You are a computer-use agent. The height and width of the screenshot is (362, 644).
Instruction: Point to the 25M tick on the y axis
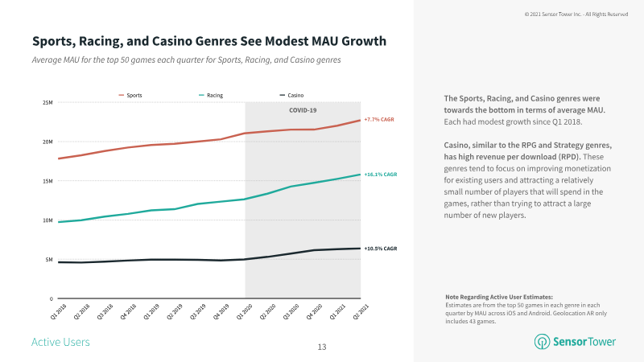[48, 102]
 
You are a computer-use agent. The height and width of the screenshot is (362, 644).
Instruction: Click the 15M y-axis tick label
[48, 181]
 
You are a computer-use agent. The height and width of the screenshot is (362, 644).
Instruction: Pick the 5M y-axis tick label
[50, 259]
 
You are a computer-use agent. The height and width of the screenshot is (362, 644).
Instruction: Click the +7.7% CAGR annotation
[378, 120]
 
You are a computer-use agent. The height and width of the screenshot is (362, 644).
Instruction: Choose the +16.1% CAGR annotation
[380, 174]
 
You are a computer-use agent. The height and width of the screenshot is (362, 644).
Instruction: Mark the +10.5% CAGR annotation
[380, 249]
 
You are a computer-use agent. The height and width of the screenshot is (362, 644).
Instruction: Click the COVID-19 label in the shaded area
[303, 110]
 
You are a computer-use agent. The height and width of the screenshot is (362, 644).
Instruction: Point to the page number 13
[322, 347]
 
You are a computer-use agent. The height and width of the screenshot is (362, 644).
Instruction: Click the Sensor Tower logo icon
[543, 342]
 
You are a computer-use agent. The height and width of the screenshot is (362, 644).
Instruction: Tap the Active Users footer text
[60, 343]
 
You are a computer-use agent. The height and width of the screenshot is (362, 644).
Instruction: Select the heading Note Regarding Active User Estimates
[500, 297]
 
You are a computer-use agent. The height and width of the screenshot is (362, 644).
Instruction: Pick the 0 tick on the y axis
[52, 298]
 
